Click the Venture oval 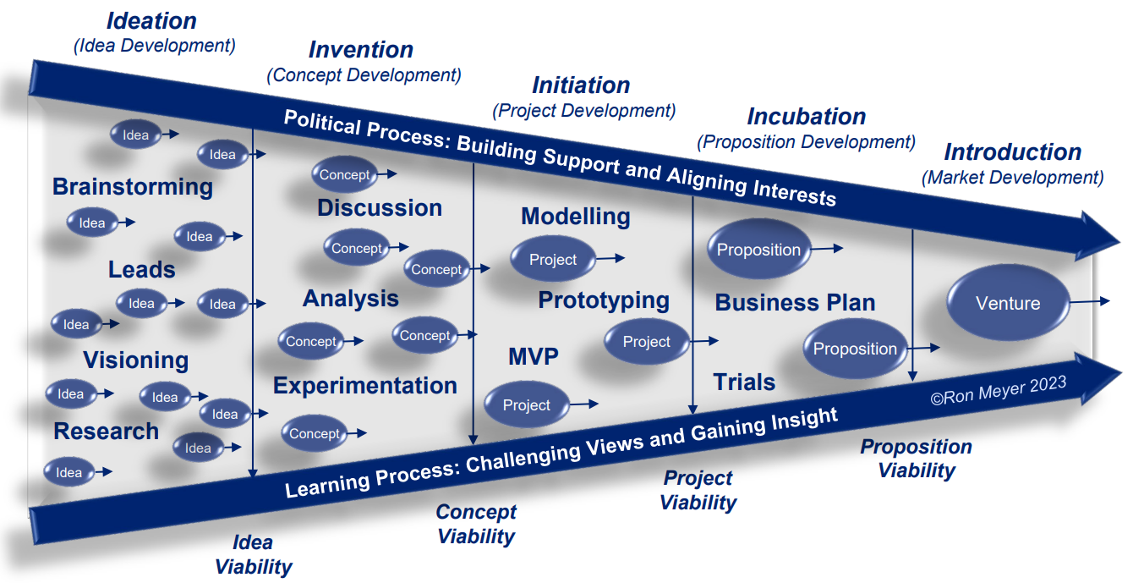[1007, 304]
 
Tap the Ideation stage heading [151, 21]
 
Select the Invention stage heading [360, 50]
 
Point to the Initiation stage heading [581, 85]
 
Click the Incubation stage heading [806, 117]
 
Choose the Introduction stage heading [1012, 152]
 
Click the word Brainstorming [133, 187]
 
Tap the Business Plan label [795, 303]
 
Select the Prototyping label [604, 300]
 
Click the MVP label [533, 356]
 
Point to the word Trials [744, 382]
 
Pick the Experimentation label [364, 386]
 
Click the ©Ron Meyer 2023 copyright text [999, 391]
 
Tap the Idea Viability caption [253, 555]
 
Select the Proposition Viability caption [916, 459]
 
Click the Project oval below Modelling [553, 260]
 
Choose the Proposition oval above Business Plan [758, 250]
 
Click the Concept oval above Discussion [345, 175]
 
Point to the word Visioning [135, 360]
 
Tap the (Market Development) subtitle [1012, 178]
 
